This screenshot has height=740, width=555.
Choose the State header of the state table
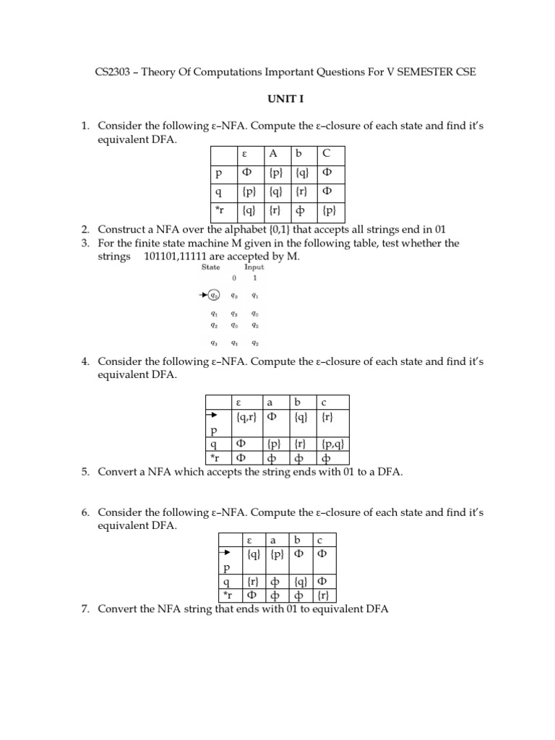pos(210,267)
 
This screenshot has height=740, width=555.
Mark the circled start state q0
pos(215,295)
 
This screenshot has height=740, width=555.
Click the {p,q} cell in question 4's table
pos(332,444)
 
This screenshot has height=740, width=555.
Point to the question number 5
pos(85,472)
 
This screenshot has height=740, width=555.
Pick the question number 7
pos(85,609)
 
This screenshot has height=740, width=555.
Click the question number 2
pos(85,230)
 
